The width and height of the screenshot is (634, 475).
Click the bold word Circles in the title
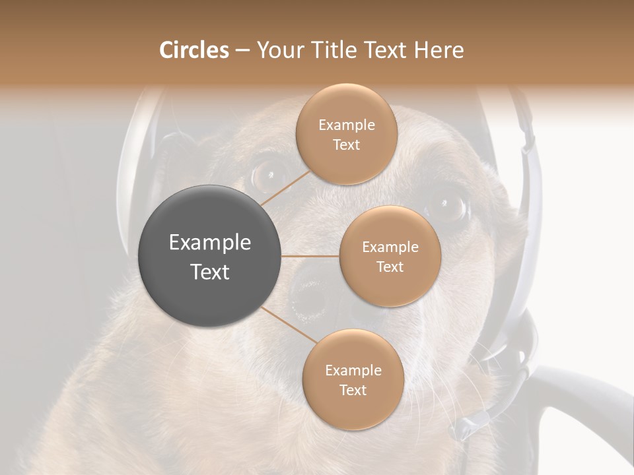click(x=194, y=50)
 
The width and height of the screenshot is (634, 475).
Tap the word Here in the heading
click(x=439, y=50)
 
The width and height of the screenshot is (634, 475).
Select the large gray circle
click(x=210, y=256)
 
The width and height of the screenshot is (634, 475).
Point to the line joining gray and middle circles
click(x=310, y=256)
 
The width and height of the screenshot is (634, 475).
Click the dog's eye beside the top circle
click(x=267, y=175)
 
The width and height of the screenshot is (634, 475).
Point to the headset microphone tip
click(x=462, y=429)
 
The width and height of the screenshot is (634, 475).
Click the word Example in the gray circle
click(x=210, y=243)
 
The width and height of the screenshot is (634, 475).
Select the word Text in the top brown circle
click(x=346, y=144)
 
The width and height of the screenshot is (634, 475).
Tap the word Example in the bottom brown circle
click(x=353, y=371)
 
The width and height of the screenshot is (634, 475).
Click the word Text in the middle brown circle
click(x=390, y=267)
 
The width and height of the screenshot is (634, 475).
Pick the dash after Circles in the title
click(x=242, y=50)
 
